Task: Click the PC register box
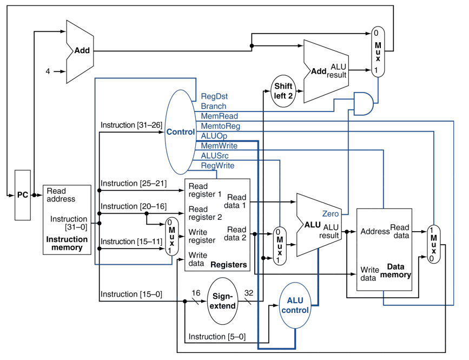23,194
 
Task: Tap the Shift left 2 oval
283,90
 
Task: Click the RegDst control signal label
214,96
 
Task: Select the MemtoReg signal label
220,126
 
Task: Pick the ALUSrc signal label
215,155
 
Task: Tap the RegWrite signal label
217,165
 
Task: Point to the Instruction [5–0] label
216,337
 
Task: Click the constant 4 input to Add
48,71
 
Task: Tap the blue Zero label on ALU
331,213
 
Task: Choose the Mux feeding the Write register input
171,236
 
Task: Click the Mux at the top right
378,52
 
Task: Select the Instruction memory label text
67,244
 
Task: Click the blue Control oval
180,132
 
